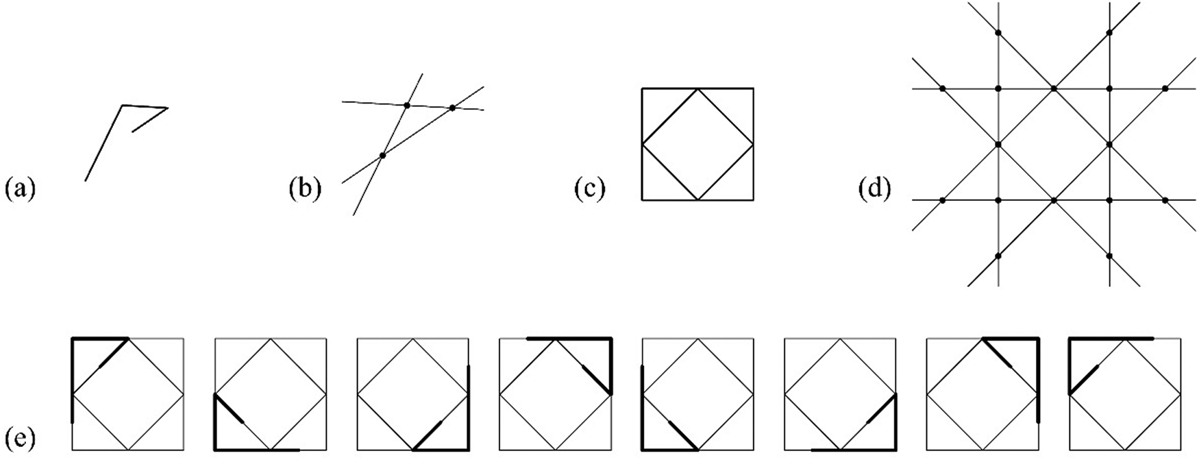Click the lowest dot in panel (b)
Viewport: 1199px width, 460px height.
click(x=382, y=155)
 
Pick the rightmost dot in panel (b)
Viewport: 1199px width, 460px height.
click(x=452, y=108)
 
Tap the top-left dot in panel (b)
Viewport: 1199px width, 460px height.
click(x=407, y=105)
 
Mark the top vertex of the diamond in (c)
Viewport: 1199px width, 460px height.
click(x=697, y=88)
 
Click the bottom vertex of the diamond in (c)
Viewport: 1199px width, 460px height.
click(x=697, y=199)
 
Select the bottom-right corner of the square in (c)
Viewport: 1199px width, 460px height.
click(x=753, y=199)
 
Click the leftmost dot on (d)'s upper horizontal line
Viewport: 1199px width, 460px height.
click(x=942, y=88)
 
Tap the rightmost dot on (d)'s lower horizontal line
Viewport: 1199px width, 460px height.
click(x=1165, y=200)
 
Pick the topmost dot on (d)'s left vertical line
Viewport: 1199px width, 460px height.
click(x=998, y=33)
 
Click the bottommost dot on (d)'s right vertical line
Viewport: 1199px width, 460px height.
click(x=1109, y=256)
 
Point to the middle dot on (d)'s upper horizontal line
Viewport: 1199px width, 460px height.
click(x=1054, y=88)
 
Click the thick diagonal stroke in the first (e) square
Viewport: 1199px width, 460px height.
click(x=114, y=352)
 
